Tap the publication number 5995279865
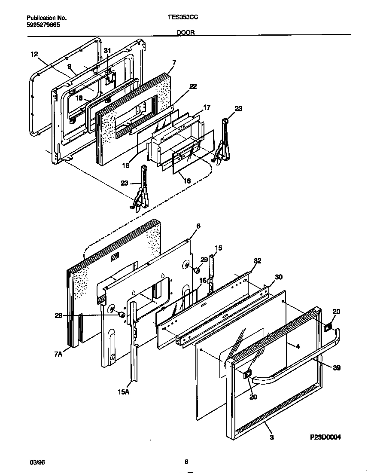(43, 25)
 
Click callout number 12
(34, 54)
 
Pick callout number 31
(107, 51)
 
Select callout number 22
(193, 86)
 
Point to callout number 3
(272, 437)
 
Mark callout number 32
(257, 261)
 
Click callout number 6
(198, 226)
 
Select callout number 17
(207, 108)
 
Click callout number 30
(279, 277)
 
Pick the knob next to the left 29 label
(122, 315)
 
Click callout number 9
(68, 67)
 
